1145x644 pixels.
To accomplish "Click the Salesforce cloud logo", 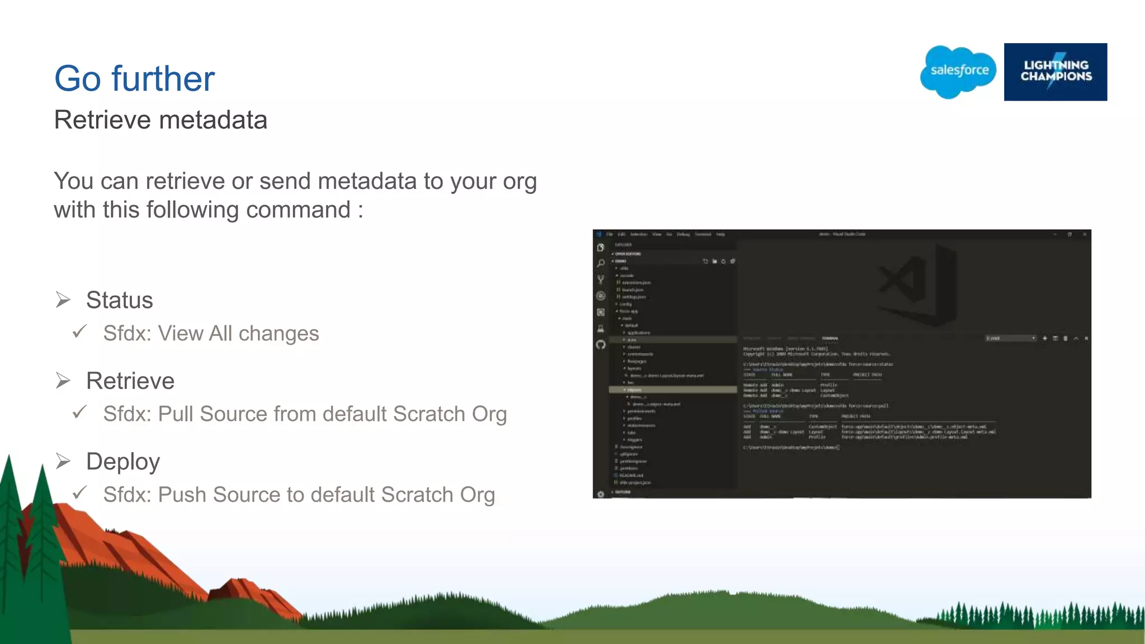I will [x=958, y=72].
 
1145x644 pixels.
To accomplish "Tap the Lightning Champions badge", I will [x=1055, y=72].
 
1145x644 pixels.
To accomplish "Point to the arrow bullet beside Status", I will [x=63, y=300].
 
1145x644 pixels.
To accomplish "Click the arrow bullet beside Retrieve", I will [x=63, y=381].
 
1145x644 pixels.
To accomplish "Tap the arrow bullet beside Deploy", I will [x=63, y=462].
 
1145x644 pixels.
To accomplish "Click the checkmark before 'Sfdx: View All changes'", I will [x=80, y=332].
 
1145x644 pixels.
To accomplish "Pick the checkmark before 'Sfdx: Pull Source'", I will [x=80, y=413].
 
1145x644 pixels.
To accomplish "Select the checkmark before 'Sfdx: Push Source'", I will [x=80, y=493].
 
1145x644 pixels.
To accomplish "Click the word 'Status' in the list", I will [x=119, y=300].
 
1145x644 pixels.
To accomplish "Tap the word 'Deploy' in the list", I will [x=123, y=462].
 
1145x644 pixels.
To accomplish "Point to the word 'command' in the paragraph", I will [x=298, y=210].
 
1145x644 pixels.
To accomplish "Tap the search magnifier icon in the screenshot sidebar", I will [x=601, y=263].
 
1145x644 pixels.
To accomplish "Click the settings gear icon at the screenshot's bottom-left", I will [x=601, y=494].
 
